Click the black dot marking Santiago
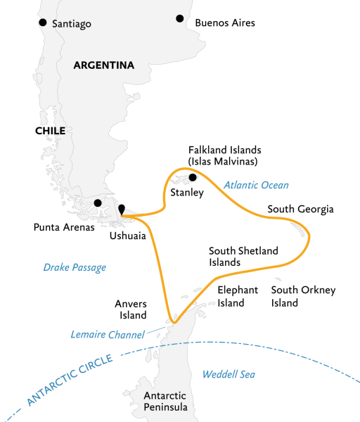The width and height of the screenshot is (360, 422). (43, 23)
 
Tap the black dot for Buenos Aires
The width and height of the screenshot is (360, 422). (180, 19)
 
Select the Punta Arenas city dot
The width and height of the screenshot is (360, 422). (98, 203)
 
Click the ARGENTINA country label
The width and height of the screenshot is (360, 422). (103, 65)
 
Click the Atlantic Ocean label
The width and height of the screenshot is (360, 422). (257, 185)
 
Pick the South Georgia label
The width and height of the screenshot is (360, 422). (300, 210)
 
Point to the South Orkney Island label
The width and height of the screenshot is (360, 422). (304, 296)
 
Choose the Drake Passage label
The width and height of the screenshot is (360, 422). (75, 267)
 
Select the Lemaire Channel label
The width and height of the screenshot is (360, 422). (108, 334)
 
